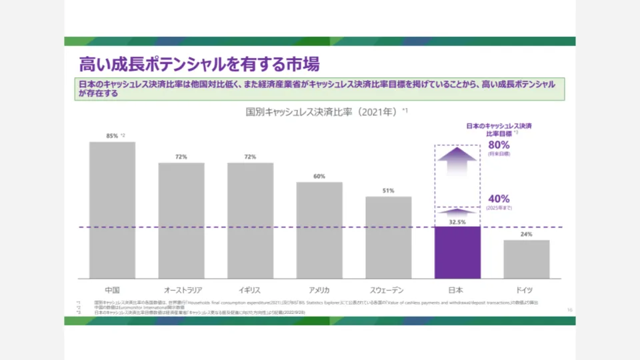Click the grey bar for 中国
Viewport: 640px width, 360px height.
(112, 210)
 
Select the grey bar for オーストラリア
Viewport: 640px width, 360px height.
(181, 221)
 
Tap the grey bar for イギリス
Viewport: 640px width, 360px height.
(250, 221)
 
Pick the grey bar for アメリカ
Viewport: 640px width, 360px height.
(319, 230)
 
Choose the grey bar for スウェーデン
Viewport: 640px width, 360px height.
(388, 237)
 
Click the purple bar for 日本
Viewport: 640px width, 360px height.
(457, 253)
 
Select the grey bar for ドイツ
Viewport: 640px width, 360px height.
(526, 259)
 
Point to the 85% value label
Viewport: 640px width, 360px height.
(112, 135)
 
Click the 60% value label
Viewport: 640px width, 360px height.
(319, 177)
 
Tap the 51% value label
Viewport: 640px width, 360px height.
(388, 191)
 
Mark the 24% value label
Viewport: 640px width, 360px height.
(526, 235)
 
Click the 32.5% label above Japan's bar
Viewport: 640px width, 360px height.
(457, 221)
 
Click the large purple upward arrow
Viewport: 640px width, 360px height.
(457, 162)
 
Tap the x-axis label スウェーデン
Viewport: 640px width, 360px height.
(388, 290)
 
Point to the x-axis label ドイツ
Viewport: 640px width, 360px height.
(526, 290)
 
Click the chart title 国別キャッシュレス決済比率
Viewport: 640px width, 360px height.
(322, 112)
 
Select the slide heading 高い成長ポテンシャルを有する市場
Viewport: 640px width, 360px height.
(199, 64)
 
